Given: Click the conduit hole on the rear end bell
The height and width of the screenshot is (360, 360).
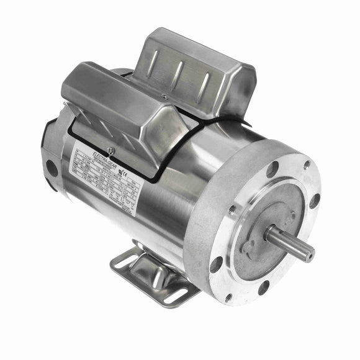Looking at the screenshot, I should [x=52, y=168].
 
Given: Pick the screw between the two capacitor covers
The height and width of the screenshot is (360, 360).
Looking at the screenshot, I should [x=163, y=96].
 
